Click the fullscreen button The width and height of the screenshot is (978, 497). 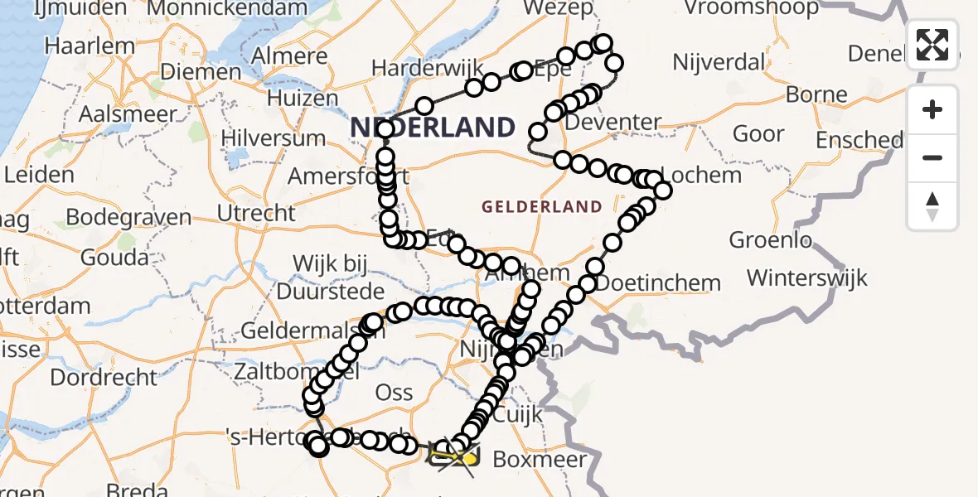[932, 44]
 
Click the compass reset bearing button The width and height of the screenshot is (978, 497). [932, 205]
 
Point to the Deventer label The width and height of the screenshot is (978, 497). [617, 123]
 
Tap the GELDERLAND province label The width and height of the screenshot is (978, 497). [542, 206]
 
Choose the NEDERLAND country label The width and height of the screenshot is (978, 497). [433, 128]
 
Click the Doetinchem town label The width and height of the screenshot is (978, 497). [658, 283]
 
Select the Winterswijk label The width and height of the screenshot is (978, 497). [806, 277]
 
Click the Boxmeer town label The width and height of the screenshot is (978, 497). [539, 459]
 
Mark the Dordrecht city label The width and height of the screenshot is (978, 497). [104, 378]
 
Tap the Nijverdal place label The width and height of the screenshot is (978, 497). [719, 62]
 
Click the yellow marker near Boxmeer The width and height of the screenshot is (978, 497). [470, 458]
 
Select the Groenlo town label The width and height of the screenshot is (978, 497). [770, 240]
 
